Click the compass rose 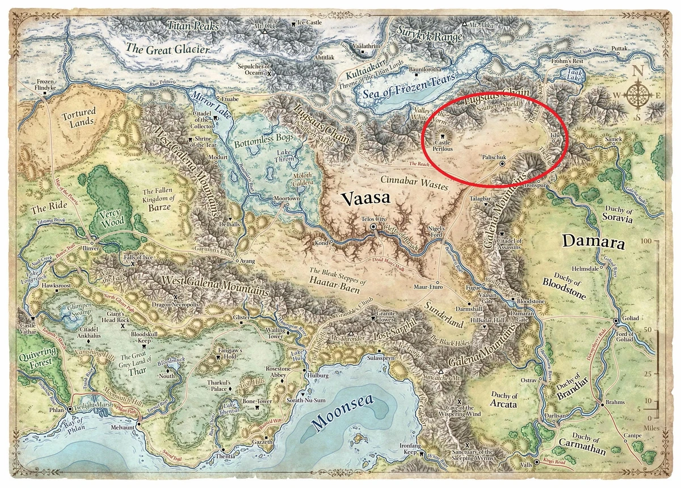point(640,94)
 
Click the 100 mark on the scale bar point(646,241)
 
